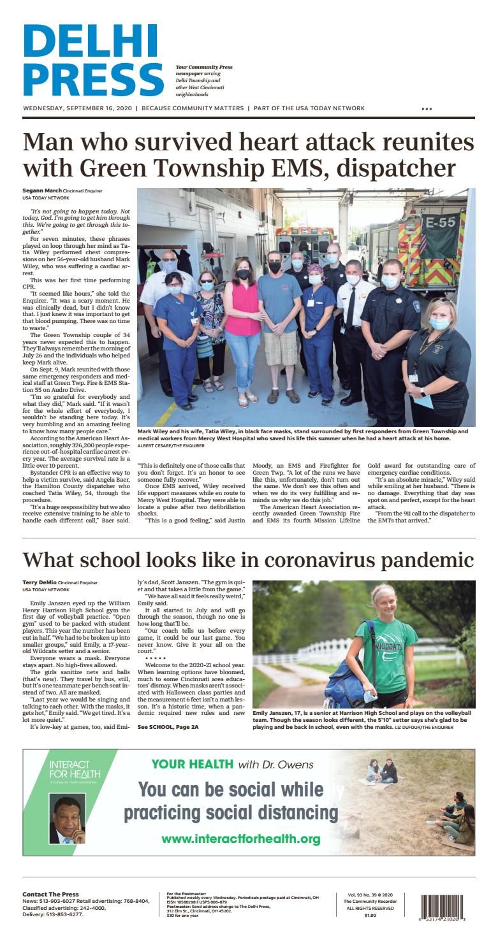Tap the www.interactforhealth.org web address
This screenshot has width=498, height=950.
(240, 838)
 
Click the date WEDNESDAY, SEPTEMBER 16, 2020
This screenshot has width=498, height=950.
(77, 108)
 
